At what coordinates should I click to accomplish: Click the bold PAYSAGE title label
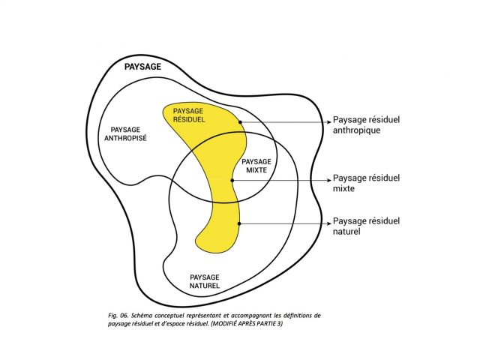pyautogui.click(x=142, y=67)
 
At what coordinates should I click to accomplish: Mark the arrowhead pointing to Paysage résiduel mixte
pyautogui.click(x=327, y=180)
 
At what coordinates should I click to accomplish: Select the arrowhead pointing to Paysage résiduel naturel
pyautogui.click(x=327, y=223)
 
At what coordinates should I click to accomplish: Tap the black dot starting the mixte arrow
pyautogui.click(x=232, y=180)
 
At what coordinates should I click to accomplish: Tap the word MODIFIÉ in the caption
pyautogui.click(x=248, y=325)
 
